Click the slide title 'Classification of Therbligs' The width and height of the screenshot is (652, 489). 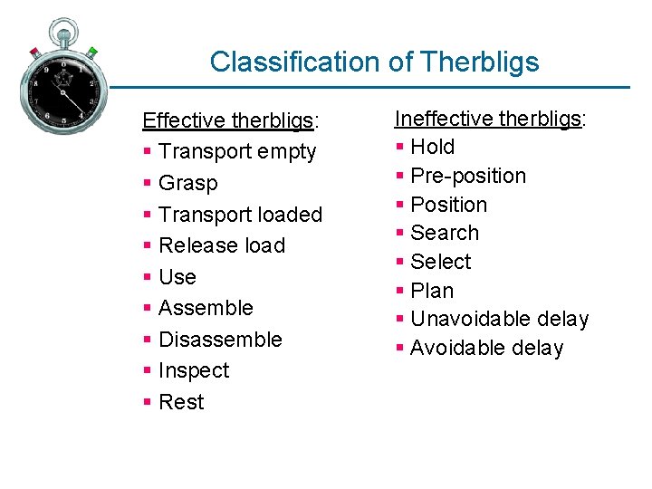374,62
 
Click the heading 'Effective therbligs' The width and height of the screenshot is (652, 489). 226,120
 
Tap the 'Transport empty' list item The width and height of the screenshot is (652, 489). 237,152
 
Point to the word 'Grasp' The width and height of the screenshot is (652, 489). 188,183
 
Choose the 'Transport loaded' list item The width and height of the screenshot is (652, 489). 240,215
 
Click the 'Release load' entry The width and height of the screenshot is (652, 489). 222,245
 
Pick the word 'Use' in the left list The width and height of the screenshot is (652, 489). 177,277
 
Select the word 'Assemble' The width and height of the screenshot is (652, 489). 206,308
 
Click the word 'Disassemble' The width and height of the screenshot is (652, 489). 220,340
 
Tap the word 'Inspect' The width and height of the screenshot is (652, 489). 194,370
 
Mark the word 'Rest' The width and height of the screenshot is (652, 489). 181,402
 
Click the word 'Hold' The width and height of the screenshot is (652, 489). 433,147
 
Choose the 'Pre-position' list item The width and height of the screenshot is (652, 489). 468,176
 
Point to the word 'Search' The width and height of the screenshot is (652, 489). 445,233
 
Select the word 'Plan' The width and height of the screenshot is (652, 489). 432,291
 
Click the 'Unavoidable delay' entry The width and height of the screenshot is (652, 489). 499,319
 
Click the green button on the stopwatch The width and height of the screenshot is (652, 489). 92,53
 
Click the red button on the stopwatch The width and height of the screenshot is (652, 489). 34,53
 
